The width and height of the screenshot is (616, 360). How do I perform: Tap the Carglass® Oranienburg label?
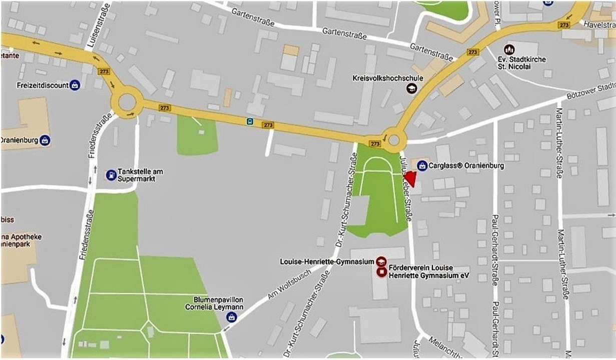(466, 165)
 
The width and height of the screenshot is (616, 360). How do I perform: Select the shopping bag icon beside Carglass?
(422, 165)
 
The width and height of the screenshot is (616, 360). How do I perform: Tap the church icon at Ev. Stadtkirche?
(509, 49)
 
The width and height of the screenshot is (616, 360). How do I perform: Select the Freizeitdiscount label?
(43, 85)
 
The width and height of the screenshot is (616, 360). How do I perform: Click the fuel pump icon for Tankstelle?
(111, 175)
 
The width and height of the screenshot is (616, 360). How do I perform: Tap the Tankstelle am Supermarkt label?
(140, 175)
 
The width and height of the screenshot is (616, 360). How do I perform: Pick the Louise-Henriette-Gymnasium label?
(327, 261)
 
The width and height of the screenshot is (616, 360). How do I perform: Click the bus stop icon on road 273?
(250, 121)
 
